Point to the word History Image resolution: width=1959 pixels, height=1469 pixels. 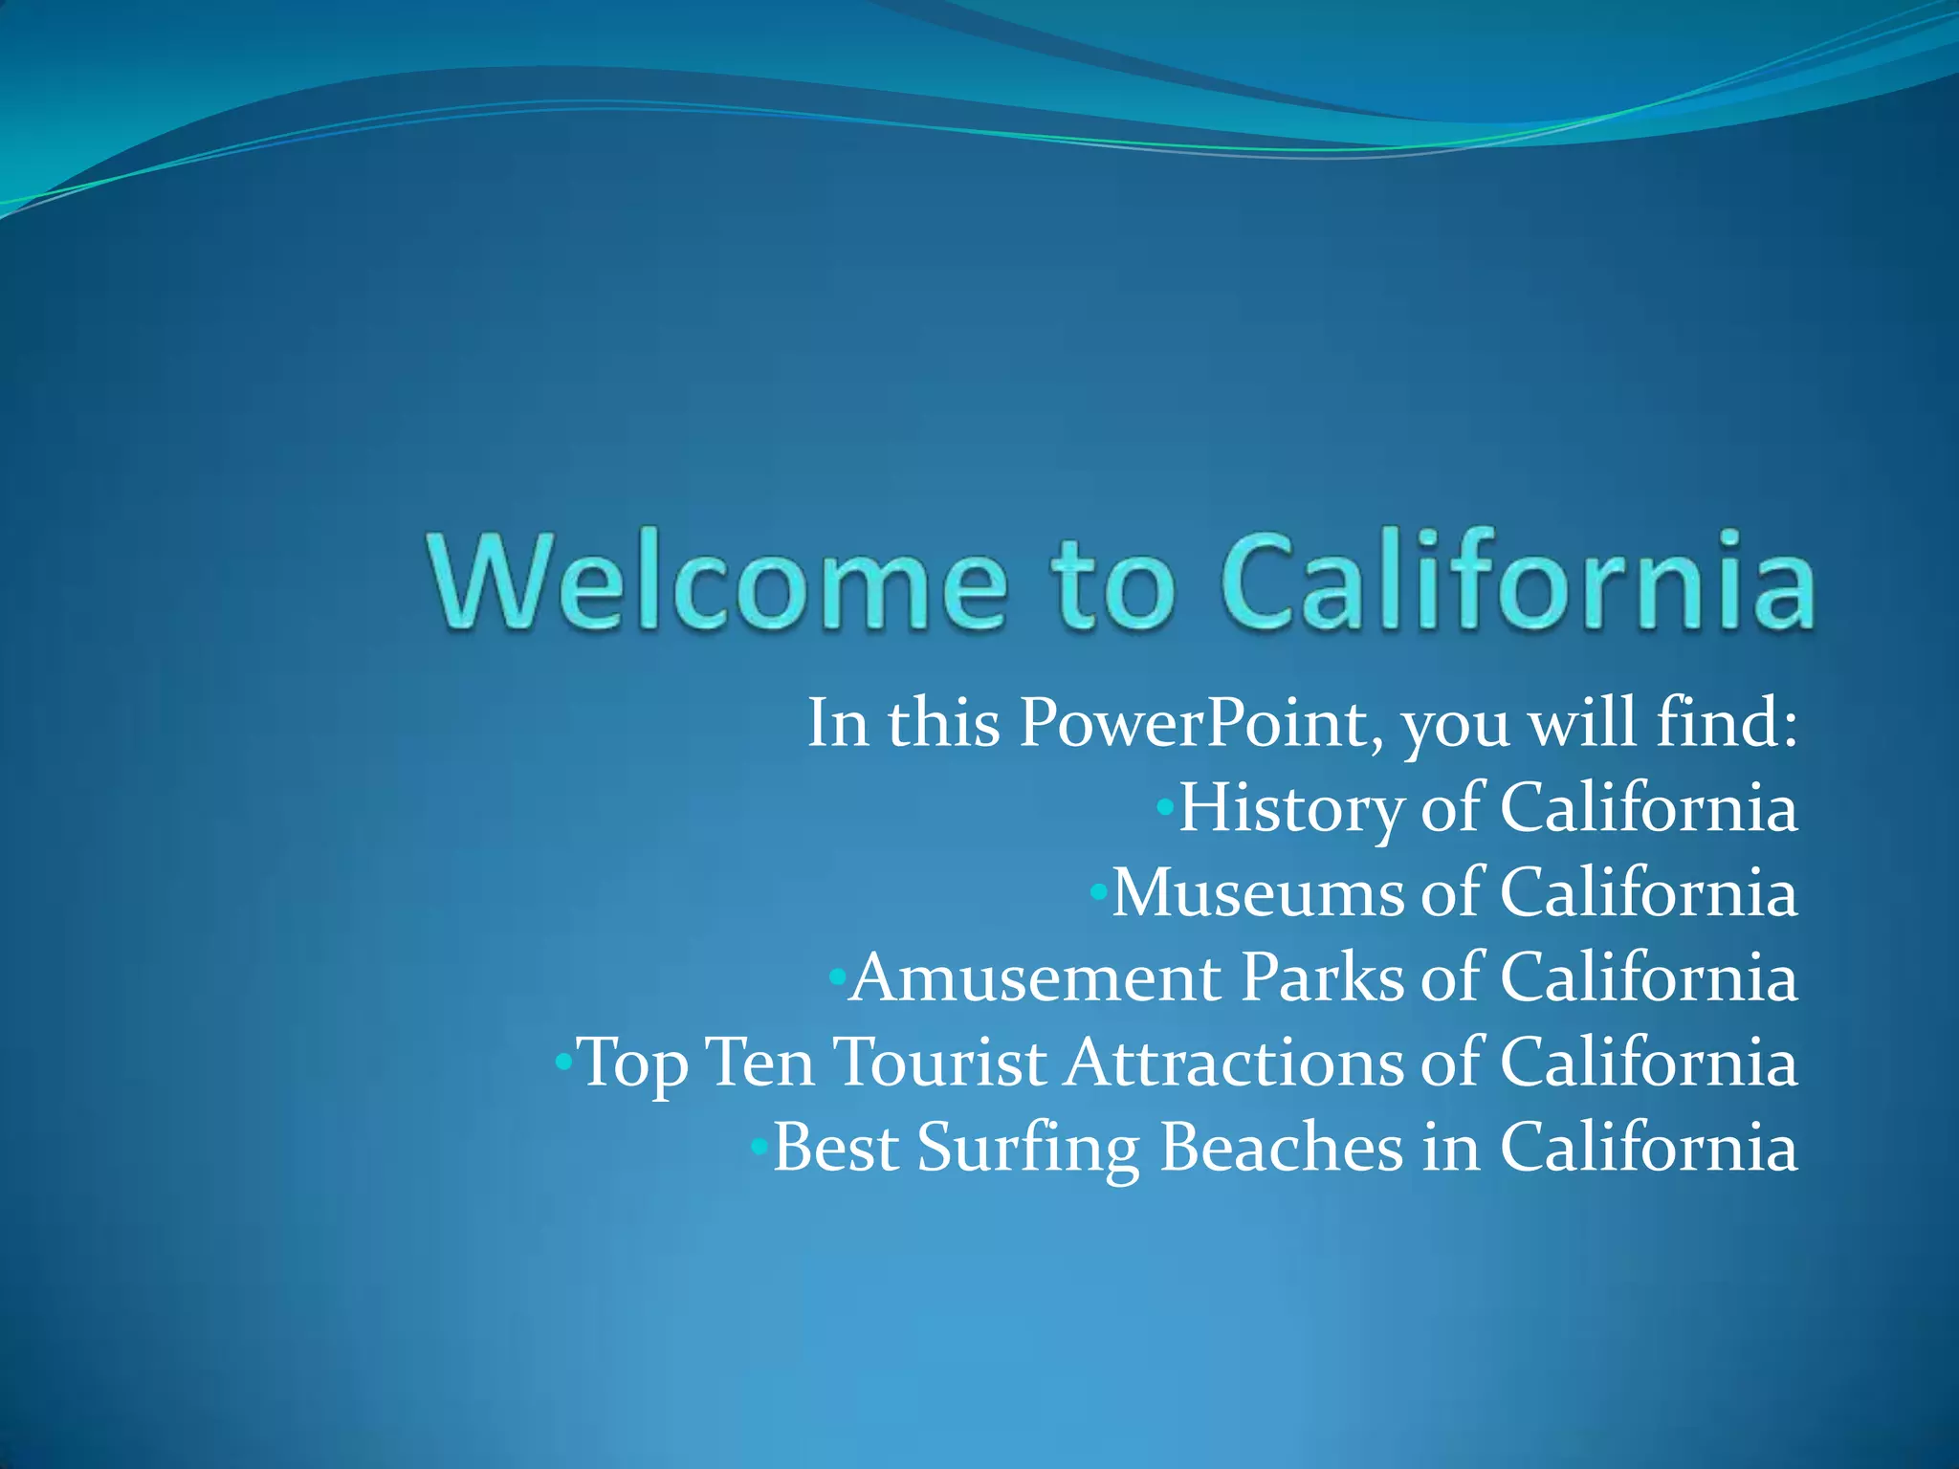pos(1290,809)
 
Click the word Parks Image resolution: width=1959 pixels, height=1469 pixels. pos(1322,978)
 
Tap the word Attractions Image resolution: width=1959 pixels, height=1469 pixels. pos(1234,1063)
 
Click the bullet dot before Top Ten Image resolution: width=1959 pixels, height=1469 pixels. pos(564,1063)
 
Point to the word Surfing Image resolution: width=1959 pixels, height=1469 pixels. pos(1027,1148)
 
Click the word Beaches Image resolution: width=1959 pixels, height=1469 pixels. pos(1281,1147)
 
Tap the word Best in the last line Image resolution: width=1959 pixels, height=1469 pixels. pos(835,1147)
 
